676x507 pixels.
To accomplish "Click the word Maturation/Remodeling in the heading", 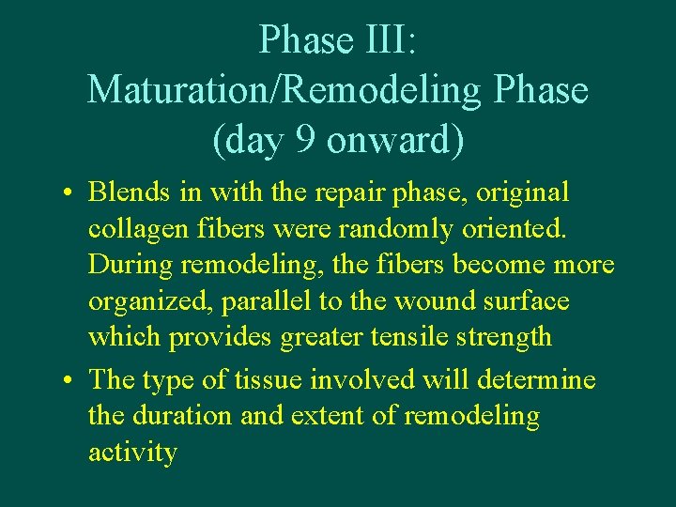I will point(284,91).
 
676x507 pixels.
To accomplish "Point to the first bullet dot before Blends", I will point(70,194).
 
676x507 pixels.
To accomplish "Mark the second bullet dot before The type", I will point(70,380).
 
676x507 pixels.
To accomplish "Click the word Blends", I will point(125,192).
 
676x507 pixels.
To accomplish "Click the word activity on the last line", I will point(132,453).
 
